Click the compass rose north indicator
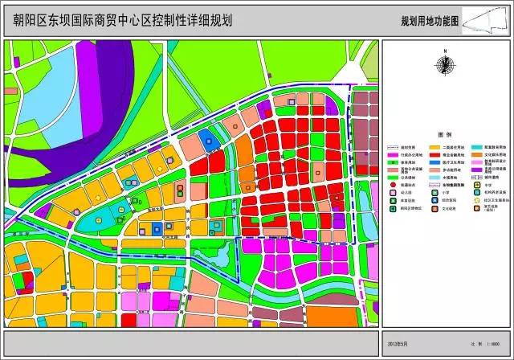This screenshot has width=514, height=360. [x=443, y=65]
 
